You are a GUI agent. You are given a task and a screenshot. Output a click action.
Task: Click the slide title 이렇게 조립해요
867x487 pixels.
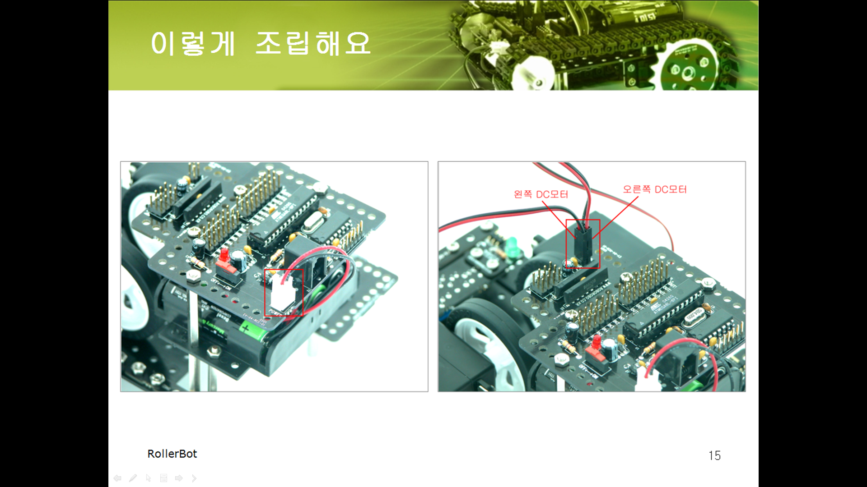[261, 43]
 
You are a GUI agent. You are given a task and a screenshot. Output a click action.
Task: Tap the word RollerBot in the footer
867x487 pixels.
[172, 454]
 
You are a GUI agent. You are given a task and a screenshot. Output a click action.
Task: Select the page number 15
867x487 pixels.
[714, 455]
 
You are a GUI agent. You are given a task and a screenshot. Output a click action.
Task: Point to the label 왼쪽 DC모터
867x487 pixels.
[541, 194]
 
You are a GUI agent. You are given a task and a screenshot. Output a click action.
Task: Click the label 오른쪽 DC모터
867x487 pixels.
[655, 189]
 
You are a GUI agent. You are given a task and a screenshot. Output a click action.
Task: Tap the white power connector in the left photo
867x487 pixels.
[284, 293]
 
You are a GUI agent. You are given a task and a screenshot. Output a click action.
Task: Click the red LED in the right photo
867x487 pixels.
[597, 341]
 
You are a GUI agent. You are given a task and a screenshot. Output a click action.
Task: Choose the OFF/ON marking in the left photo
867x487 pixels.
[221, 285]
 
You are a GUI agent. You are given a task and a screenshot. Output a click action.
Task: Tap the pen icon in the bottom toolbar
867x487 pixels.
[133, 478]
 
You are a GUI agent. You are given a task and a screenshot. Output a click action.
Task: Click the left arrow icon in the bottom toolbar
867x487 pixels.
[117, 478]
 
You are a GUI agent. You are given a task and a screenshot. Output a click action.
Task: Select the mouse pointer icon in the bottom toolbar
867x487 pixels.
[149, 478]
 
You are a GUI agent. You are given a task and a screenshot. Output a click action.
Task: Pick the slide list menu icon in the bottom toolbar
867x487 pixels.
[163, 478]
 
